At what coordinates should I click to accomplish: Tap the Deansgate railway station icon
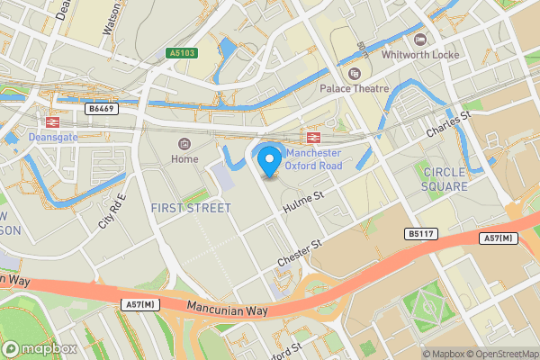51,121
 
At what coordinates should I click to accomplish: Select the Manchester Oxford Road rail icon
313,138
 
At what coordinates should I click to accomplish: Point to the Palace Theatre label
355,88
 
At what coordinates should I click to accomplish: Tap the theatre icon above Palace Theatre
355,73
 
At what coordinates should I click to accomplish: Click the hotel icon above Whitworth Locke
419,39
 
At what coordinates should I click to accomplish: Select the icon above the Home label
185,144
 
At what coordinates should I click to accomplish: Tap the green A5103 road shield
181,54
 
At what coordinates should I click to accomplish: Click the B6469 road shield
103,108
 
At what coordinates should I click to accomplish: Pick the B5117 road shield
419,234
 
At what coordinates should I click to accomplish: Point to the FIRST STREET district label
191,208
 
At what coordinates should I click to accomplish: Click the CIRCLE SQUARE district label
445,179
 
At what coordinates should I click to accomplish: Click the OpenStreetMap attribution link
502,354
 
